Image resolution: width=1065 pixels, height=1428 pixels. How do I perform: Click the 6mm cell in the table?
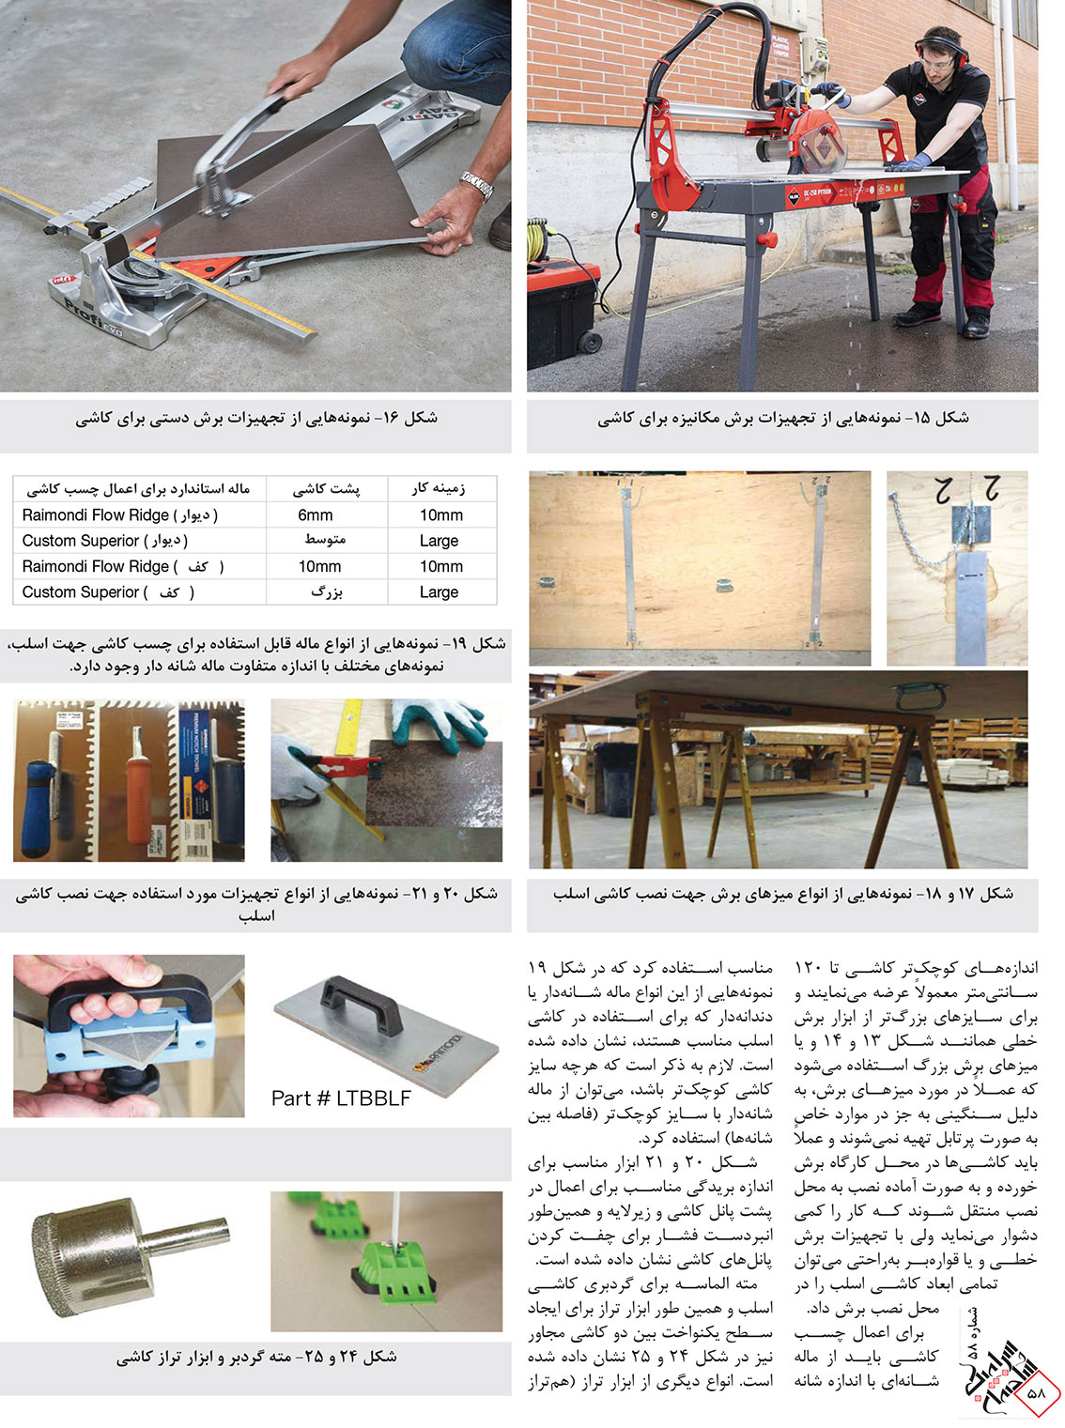(316, 515)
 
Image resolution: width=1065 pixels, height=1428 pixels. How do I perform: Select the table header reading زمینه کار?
(439, 488)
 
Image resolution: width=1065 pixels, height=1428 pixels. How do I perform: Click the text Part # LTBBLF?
(341, 1098)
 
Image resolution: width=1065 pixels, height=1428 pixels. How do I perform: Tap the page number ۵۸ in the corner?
(1036, 1393)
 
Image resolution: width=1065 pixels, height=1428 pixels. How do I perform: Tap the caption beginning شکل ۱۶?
(255, 419)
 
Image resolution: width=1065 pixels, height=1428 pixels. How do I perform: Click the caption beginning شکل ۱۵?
(782, 419)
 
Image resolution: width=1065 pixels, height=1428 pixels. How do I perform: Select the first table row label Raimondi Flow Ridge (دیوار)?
(120, 515)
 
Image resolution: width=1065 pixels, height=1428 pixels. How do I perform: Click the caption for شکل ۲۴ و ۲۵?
(255, 1358)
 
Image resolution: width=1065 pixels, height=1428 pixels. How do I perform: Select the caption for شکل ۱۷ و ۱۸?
(782, 895)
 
